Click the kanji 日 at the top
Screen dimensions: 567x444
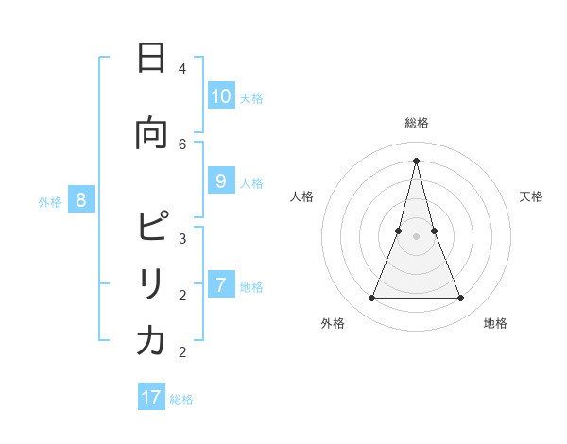pyautogui.click(x=151, y=59)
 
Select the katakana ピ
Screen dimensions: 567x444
pyautogui.click(x=152, y=228)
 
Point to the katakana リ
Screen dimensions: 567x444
pyautogui.click(x=151, y=284)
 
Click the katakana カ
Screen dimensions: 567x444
pyautogui.click(x=151, y=341)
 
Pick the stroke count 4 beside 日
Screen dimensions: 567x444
pyautogui.click(x=182, y=68)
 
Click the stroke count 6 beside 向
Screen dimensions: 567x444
pyautogui.click(x=182, y=144)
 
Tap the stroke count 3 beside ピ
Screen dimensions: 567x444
pyautogui.click(x=182, y=238)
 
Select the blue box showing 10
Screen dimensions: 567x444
pyautogui.click(x=220, y=96)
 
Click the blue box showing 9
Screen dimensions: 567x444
pyautogui.click(x=220, y=181)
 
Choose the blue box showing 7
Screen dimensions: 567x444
pyautogui.click(x=220, y=284)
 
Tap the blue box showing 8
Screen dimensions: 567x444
pyautogui.click(x=81, y=199)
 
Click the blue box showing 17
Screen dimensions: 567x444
pyautogui.click(x=151, y=398)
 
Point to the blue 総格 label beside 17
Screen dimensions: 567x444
pyautogui.click(x=181, y=400)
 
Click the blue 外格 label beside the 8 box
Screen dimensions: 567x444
pyautogui.click(x=50, y=201)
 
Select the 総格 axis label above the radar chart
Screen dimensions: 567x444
pyautogui.click(x=416, y=123)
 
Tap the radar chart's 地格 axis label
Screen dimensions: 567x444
pyautogui.click(x=495, y=323)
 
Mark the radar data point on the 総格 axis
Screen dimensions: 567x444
pyautogui.click(x=416, y=160)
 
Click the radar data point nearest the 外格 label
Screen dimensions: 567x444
pyautogui.click(x=371, y=299)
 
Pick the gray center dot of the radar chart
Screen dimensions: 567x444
pyautogui.click(x=416, y=236)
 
